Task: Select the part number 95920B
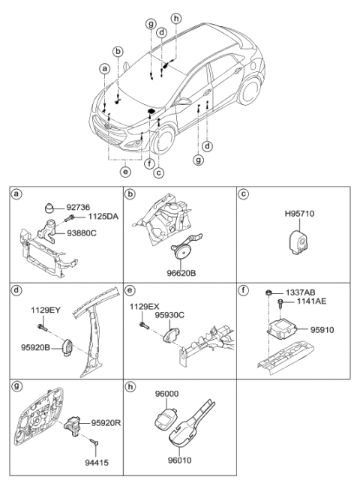pyautogui.click(x=35, y=347)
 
